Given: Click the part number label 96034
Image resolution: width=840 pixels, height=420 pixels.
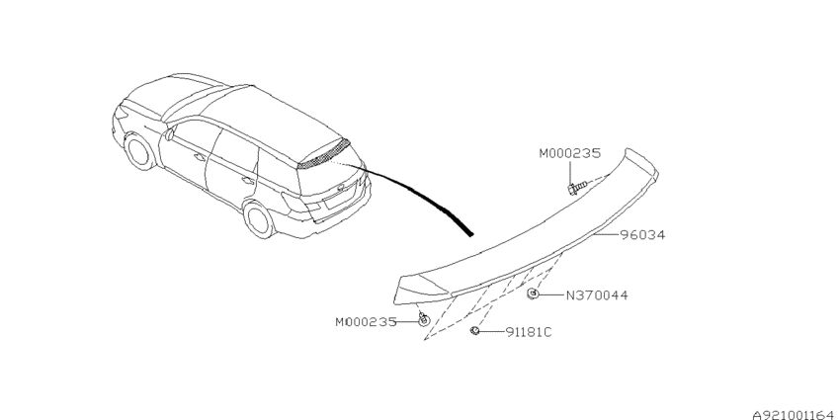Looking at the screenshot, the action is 642,234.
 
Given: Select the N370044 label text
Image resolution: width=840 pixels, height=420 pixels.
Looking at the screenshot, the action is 597,295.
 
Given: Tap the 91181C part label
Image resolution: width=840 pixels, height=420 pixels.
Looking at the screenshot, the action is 530,332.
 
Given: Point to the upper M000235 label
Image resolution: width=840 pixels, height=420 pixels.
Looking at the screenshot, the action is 569,154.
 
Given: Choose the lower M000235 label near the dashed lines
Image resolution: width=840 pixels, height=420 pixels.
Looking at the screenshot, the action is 366,322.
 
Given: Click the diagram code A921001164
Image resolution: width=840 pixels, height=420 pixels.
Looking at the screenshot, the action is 797,414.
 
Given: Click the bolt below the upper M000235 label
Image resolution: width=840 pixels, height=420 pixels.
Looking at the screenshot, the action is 576,188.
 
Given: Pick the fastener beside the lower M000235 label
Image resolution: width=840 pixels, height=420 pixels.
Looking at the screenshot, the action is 423,319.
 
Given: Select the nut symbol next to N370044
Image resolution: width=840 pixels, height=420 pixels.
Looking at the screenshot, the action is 533,294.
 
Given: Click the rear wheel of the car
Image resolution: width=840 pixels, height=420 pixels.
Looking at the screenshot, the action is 259,219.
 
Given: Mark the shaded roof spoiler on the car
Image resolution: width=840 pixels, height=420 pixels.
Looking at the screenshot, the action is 323,154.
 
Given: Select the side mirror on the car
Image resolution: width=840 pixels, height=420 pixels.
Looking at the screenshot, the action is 170,134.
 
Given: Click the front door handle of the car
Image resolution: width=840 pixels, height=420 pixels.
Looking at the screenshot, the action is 200,157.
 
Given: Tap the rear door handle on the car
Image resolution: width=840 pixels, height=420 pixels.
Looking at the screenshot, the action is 247,181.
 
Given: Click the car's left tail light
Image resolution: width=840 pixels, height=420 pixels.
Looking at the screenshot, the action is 295,203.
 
